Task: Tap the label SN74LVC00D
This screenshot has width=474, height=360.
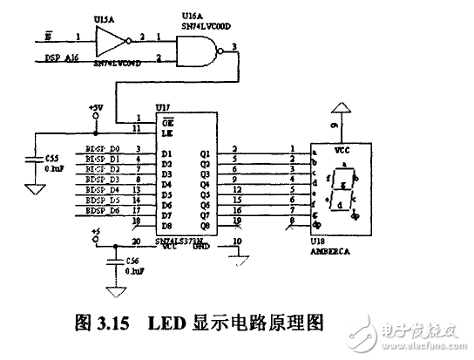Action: coord(206,26)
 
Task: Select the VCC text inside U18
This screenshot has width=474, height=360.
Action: coord(343,149)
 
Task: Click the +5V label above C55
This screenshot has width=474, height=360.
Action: coord(96,107)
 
